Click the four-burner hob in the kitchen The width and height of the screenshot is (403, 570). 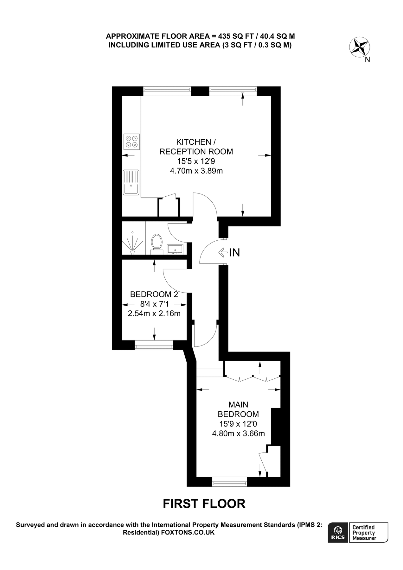tap(131, 142)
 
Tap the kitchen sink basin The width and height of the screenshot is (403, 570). tap(131, 189)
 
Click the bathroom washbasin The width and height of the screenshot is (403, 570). tap(175, 249)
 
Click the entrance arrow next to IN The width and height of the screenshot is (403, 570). tap(223, 252)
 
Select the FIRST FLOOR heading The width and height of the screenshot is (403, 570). tap(204, 503)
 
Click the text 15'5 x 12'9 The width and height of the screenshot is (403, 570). tap(196, 161)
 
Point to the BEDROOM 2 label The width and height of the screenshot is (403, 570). tap(154, 294)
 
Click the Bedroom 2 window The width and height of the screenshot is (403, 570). tap(154, 345)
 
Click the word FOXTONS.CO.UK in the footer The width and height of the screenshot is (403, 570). tap(188, 533)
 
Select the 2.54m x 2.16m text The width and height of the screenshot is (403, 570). tap(154, 314)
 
